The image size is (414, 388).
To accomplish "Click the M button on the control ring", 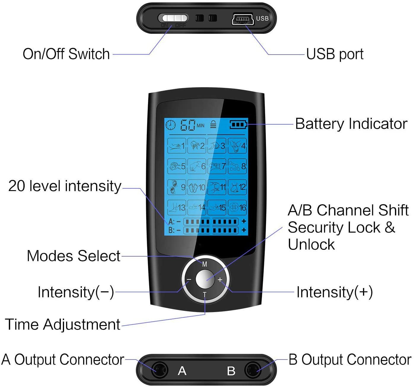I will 205,264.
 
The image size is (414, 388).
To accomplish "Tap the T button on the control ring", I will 205,295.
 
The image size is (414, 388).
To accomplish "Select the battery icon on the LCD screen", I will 238,125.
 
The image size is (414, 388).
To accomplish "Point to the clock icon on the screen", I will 171,125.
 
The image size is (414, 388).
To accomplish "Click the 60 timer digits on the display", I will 188,125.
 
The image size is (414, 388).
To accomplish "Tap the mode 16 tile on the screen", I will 237,207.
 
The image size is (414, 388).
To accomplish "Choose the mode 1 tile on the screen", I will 177,146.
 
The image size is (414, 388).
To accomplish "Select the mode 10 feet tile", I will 197,187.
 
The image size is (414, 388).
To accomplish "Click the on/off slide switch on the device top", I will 173,18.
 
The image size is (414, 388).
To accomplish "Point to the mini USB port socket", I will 242,19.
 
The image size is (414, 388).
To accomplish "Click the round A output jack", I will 159,370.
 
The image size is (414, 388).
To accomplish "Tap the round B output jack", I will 253,370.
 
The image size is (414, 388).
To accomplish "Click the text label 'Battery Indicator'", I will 351,124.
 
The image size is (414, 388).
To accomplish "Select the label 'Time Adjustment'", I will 63,324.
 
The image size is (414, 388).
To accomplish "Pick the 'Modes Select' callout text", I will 74,256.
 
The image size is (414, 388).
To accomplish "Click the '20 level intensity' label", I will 65,186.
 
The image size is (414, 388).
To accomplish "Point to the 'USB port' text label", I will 335,54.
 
